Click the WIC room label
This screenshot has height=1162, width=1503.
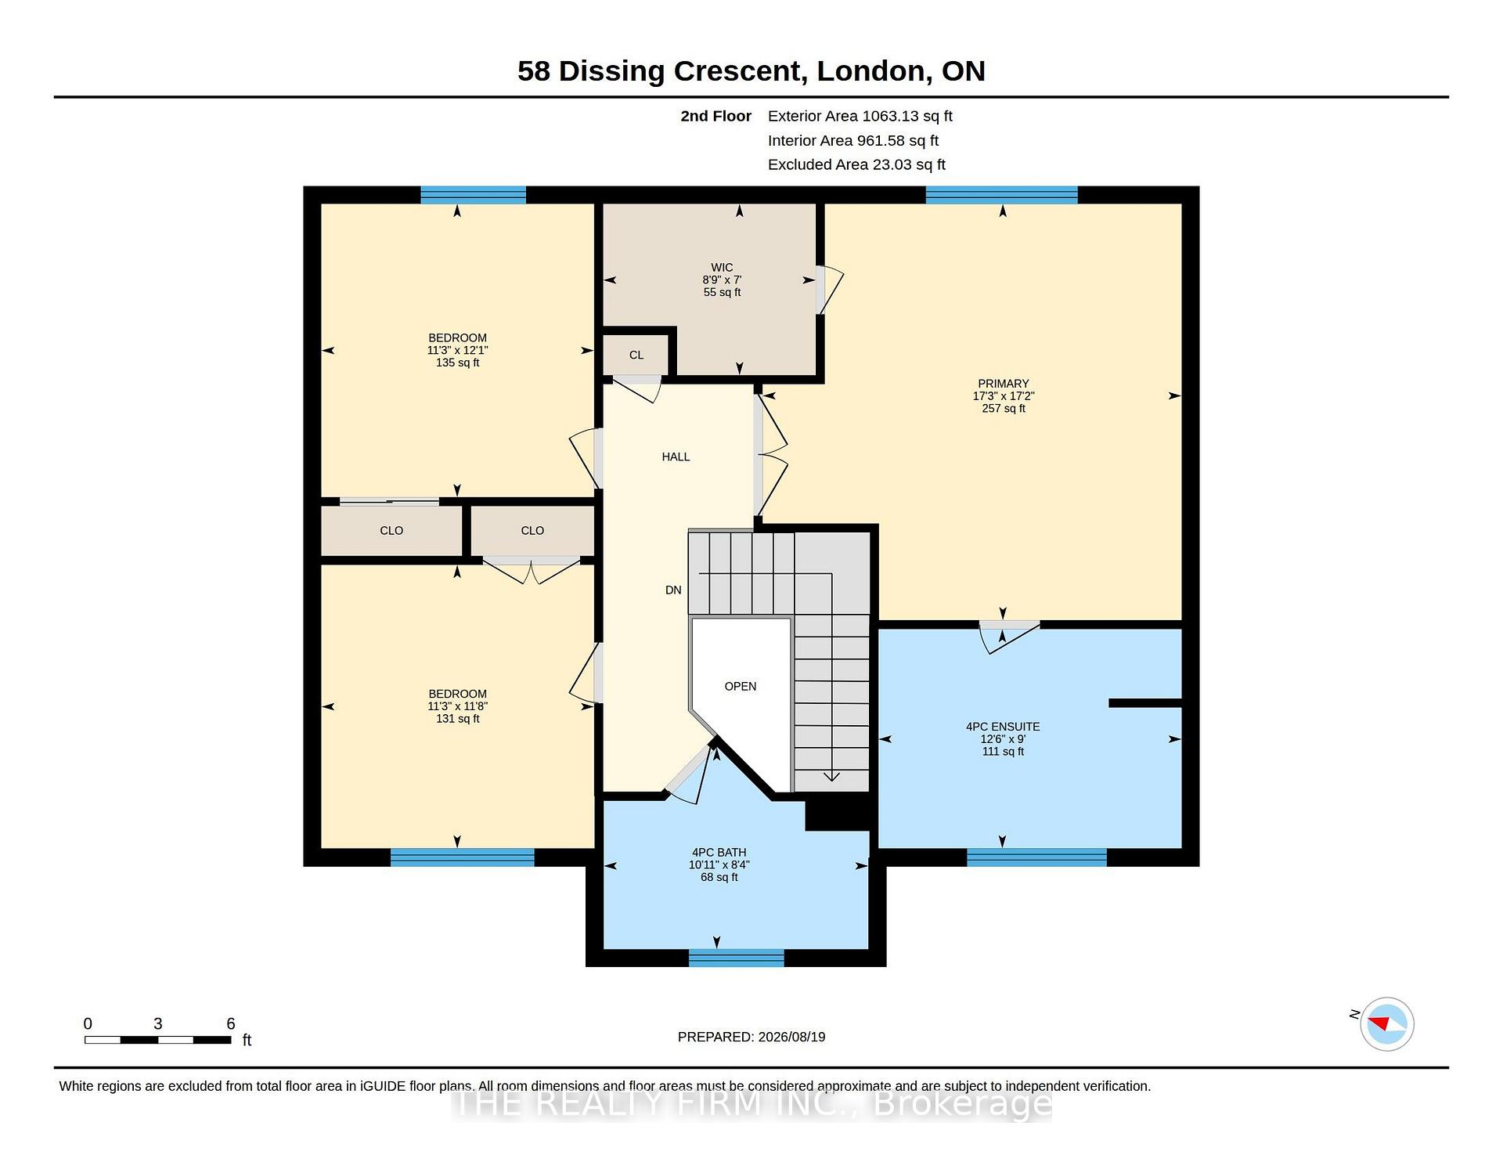click(722, 268)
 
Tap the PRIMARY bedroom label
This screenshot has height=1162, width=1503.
click(1003, 384)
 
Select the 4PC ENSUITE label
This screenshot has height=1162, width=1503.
click(1003, 727)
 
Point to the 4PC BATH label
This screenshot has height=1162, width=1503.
click(719, 853)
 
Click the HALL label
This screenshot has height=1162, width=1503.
click(676, 456)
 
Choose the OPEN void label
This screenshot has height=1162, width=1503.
click(741, 687)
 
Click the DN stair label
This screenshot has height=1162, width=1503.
click(673, 590)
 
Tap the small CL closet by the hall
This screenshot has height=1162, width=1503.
click(636, 355)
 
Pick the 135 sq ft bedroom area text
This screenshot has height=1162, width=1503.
click(457, 363)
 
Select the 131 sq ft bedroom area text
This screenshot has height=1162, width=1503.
click(457, 719)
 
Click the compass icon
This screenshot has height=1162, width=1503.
click(1387, 1024)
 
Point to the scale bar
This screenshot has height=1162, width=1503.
click(158, 1040)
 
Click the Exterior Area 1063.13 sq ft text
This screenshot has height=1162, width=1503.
click(860, 117)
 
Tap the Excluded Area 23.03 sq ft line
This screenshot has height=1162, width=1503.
click(856, 165)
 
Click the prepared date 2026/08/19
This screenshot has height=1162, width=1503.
click(791, 1037)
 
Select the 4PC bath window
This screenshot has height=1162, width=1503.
click(736, 958)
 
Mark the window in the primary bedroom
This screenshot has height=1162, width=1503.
click(1001, 195)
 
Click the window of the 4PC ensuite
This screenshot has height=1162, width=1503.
click(1036, 857)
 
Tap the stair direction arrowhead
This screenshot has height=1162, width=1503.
click(831, 777)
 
